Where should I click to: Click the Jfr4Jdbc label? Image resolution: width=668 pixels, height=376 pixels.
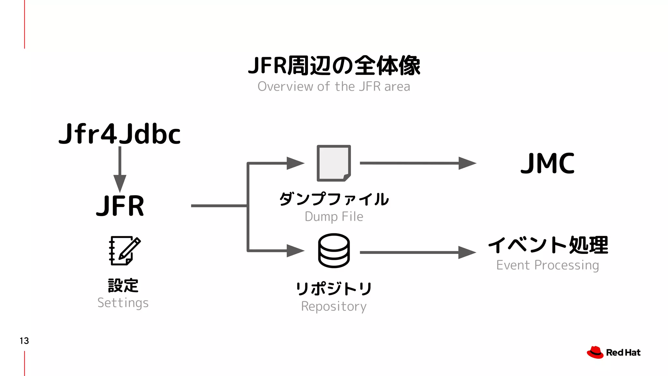(x=119, y=134)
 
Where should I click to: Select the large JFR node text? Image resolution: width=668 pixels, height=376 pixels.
(x=120, y=206)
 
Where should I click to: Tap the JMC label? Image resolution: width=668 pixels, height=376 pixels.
(x=548, y=163)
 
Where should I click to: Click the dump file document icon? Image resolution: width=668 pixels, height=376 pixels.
(x=334, y=163)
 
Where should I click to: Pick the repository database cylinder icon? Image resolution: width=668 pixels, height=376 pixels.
(x=334, y=251)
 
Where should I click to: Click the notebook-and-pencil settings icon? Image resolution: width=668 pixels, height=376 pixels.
(x=124, y=251)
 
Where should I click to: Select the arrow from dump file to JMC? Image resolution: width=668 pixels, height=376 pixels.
(x=417, y=163)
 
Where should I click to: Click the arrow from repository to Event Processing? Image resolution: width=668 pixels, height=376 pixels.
(x=417, y=252)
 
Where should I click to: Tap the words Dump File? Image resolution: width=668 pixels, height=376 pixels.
(x=334, y=217)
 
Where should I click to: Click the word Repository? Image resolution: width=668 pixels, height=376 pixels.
(x=334, y=306)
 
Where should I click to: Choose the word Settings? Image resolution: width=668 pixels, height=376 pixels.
(x=123, y=303)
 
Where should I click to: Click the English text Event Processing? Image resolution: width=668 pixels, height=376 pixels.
(x=548, y=265)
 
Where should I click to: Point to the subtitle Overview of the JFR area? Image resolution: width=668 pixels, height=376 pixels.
(x=334, y=86)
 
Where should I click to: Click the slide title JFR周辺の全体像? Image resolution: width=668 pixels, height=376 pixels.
(x=334, y=66)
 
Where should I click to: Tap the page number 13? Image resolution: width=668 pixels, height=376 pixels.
(x=24, y=341)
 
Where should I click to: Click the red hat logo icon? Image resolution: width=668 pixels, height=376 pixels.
(x=595, y=352)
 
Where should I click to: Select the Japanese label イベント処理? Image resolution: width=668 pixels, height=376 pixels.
(x=548, y=245)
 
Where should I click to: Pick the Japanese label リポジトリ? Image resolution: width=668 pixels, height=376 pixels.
(x=334, y=289)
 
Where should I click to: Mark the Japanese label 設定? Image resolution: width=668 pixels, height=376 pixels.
(x=123, y=286)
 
